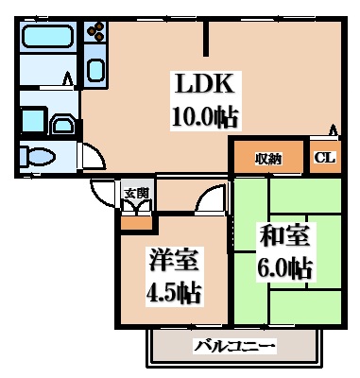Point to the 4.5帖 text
pos(173,290)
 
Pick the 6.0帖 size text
pos(283,267)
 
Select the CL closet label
pos(322,158)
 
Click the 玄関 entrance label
pos(136,194)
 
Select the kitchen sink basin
pos(95,69)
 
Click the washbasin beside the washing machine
pos(64,124)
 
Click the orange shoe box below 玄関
pos(135,224)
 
